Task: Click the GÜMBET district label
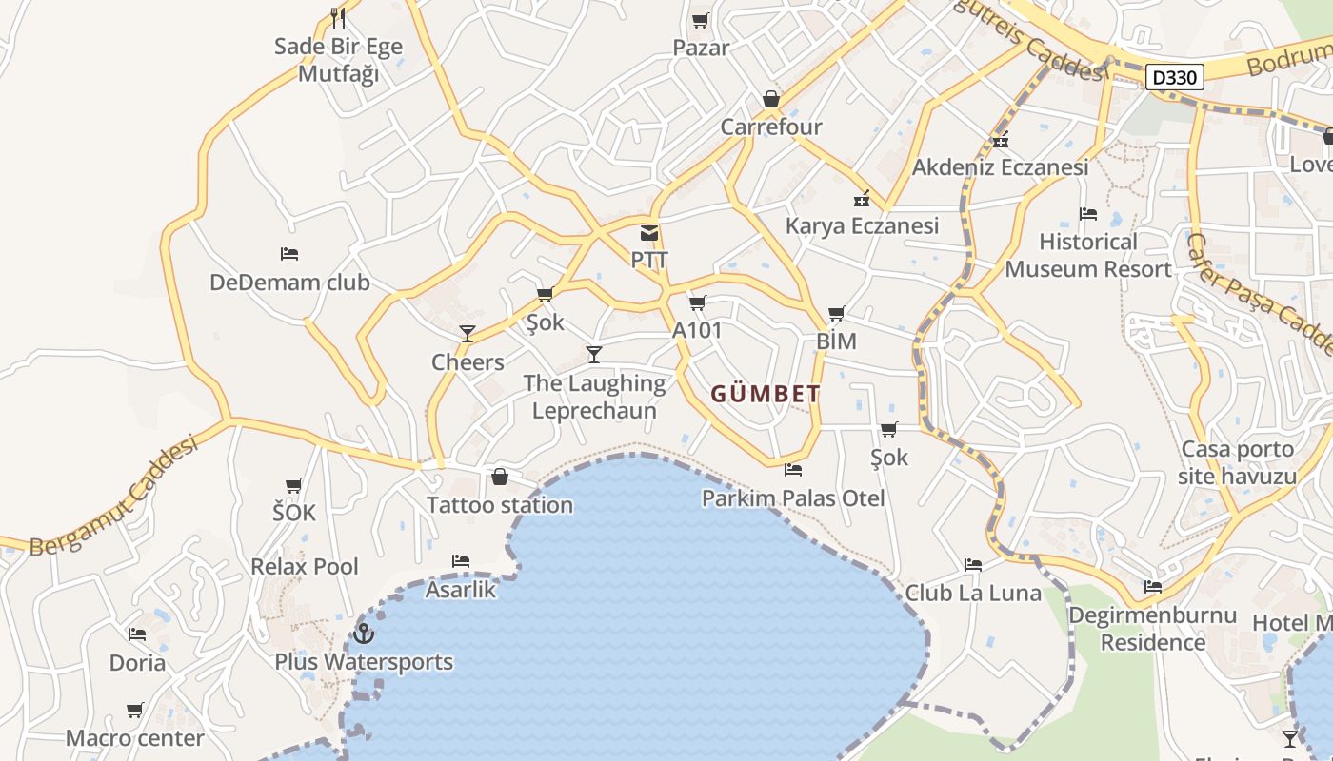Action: pos(766,394)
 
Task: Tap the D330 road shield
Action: pos(1174,77)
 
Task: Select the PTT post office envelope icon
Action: pos(649,233)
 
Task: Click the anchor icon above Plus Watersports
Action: pos(363,633)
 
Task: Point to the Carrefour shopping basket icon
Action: pos(771,99)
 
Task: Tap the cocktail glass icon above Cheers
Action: pos(468,333)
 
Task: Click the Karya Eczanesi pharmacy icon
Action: pos(862,200)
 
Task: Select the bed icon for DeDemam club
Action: pos(289,254)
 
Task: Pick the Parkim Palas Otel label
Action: pos(793,498)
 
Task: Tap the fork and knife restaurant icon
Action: pos(338,18)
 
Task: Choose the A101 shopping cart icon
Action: pos(698,303)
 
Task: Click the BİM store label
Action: pos(836,341)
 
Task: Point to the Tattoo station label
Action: pos(500,504)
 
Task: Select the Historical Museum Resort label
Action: pos(1088,255)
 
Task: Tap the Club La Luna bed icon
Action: pos(973,564)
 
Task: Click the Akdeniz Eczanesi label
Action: pos(1000,167)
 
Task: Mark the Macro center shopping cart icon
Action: pos(135,710)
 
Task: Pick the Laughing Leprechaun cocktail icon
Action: pos(594,355)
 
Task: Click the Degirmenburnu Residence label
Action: pos(1152,628)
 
